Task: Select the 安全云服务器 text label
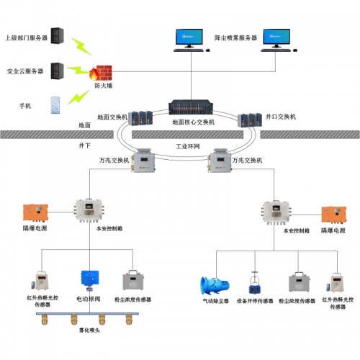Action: (25, 71)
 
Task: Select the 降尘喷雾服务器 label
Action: (236, 37)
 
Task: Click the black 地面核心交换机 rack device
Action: (192, 108)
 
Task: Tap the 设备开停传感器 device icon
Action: (254, 282)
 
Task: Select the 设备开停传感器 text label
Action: (255, 300)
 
